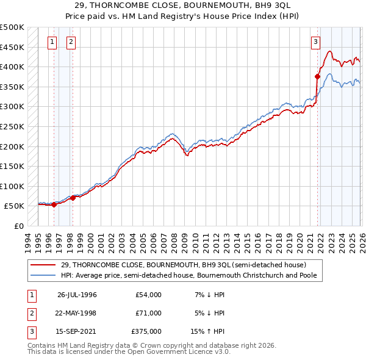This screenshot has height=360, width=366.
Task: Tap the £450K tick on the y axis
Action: click(x=12, y=47)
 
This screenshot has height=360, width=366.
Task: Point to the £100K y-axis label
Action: click(x=12, y=186)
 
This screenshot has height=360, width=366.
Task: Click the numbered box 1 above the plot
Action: click(x=52, y=42)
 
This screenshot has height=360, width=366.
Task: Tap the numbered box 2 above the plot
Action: click(x=71, y=42)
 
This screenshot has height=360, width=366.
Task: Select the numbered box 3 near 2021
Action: click(x=315, y=42)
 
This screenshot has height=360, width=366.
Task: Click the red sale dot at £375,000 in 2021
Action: click(x=317, y=76)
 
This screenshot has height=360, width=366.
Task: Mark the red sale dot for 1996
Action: click(x=54, y=204)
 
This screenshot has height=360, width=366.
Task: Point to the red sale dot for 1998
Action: click(x=73, y=198)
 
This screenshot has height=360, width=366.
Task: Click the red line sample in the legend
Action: click(x=44, y=265)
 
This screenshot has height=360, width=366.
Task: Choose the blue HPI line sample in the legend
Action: click(x=44, y=275)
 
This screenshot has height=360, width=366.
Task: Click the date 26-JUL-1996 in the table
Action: click(x=77, y=295)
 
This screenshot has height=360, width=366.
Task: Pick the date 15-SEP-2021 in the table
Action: click(x=77, y=331)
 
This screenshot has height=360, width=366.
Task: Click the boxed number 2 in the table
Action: click(x=30, y=313)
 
